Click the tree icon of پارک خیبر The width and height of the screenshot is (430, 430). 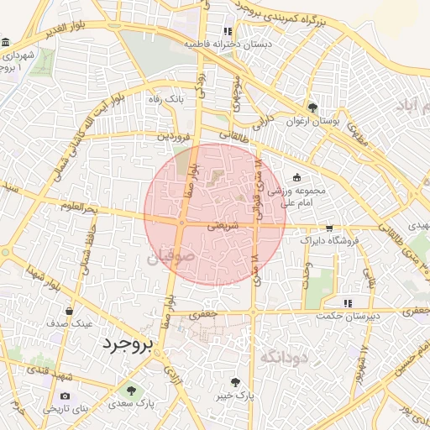point(245,382)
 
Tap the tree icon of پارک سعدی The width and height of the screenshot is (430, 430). point(130,390)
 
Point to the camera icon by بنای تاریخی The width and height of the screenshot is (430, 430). point(66,396)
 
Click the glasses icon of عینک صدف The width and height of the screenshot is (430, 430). point(81,309)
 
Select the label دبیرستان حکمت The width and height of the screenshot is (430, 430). point(349,316)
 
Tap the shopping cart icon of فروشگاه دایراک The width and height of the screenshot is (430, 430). point(328,228)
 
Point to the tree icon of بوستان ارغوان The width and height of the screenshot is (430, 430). point(313,107)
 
